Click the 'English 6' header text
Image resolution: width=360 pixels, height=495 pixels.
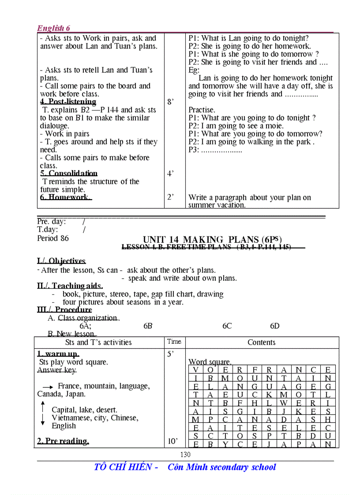point(53,28)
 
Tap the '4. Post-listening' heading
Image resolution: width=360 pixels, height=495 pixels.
point(68,102)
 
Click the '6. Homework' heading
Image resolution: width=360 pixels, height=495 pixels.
point(66,197)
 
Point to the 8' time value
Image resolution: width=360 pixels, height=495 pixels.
point(170,102)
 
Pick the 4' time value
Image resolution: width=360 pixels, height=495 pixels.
point(170,174)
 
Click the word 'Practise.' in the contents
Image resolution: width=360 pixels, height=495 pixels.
point(202,110)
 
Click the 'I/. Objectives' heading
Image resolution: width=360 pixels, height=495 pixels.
point(61,261)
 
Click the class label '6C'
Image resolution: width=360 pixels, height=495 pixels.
point(227,326)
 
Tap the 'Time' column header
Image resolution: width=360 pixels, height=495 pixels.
point(174,342)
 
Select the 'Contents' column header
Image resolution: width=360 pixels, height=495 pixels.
point(261,342)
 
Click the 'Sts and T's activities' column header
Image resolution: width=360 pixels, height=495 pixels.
point(98,342)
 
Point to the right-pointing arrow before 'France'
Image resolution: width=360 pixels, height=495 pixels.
point(48,387)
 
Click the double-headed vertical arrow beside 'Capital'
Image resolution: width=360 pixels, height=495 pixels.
point(43,413)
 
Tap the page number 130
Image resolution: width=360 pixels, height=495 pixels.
point(185,454)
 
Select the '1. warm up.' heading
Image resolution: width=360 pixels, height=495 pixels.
point(58,354)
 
